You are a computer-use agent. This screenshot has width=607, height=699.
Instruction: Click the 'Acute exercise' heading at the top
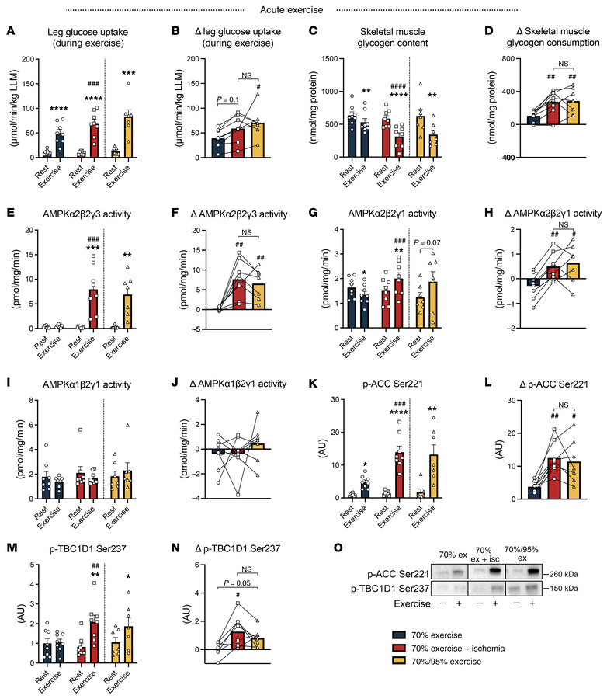click(303, 9)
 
